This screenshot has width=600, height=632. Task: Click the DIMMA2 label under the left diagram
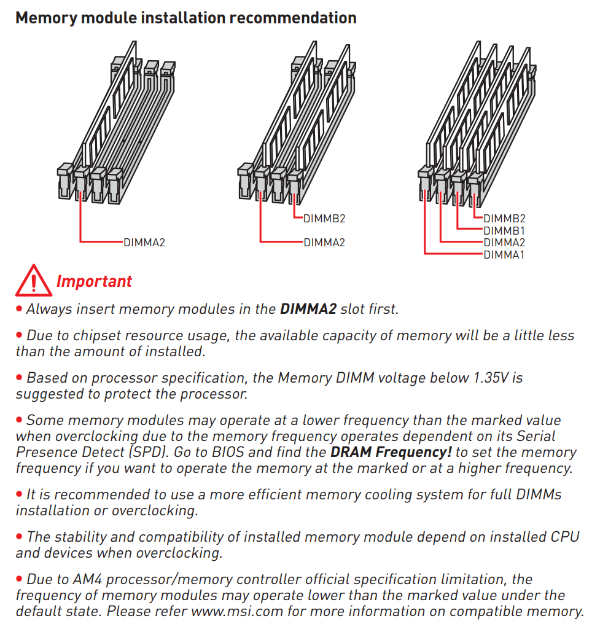[144, 242]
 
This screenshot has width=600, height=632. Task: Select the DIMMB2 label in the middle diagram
[324, 218]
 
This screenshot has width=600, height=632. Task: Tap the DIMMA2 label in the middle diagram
[324, 242]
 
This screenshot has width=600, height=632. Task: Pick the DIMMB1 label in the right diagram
[504, 230]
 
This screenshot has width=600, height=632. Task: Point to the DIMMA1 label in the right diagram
[504, 254]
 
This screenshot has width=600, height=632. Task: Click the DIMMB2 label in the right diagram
[504, 218]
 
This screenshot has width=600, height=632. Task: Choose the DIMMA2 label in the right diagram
[504, 243]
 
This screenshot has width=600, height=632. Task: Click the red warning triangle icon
[34, 281]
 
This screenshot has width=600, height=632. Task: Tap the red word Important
[94, 281]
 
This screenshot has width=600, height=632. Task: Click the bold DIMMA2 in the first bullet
[308, 309]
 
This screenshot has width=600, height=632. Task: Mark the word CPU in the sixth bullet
[564, 537]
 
